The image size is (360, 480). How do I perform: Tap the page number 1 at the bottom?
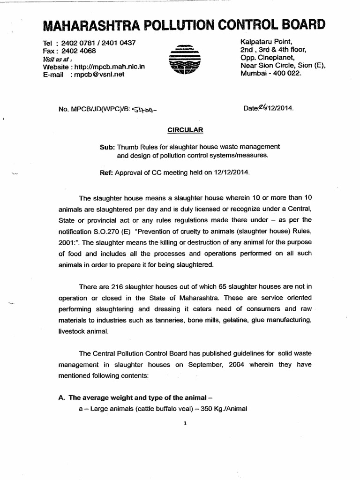[x=186, y=423]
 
